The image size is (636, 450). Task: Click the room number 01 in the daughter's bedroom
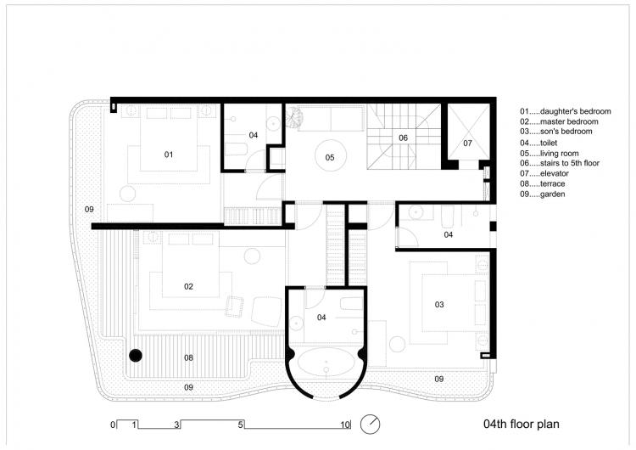click(168, 155)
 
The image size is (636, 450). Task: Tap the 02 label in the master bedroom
click(188, 287)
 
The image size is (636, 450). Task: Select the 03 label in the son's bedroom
click(439, 304)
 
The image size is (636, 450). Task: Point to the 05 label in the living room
click(329, 157)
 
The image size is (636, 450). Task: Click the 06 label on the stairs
click(403, 137)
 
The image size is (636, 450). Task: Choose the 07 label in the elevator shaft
click(467, 143)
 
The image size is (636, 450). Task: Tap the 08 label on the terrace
click(188, 357)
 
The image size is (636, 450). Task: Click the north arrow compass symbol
click(370, 423)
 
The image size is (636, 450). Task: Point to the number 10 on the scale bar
click(345, 424)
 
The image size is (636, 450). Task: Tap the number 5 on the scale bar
click(241, 424)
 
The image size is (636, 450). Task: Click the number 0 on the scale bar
click(111, 424)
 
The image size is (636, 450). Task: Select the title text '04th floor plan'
click(520, 423)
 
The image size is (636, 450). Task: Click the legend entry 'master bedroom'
click(556, 121)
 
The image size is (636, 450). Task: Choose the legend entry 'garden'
click(547, 194)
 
